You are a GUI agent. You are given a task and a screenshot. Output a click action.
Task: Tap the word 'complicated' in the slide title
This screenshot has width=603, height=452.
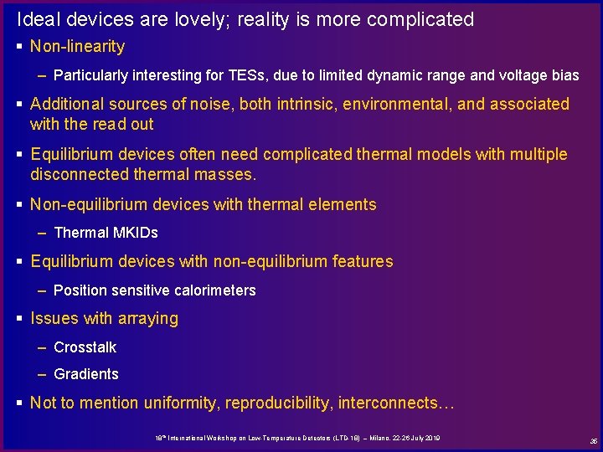(x=422, y=19)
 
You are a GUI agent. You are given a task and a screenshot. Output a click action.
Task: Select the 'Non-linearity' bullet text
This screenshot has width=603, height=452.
(x=77, y=47)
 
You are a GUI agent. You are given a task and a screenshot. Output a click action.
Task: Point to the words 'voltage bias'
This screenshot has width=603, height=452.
(x=540, y=75)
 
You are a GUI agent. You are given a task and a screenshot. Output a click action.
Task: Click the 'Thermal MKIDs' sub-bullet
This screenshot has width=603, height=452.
(x=106, y=233)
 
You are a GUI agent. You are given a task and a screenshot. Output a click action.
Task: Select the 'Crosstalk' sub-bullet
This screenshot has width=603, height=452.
(x=85, y=347)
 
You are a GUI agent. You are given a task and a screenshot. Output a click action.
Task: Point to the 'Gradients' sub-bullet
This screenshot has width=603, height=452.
(x=86, y=374)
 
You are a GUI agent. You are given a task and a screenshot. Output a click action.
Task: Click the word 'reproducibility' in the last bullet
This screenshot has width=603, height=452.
(x=278, y=403)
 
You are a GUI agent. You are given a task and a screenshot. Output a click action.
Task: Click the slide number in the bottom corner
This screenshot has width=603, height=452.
(x=593, y=440)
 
